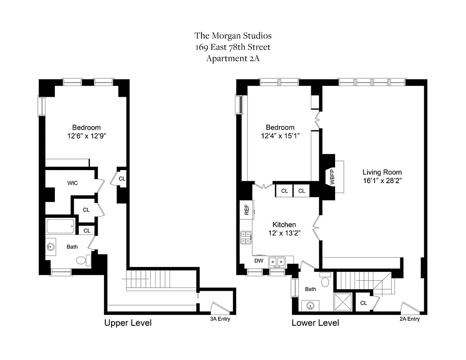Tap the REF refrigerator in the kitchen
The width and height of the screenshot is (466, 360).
tap(246, 209)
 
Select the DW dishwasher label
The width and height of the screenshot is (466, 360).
tap(259, 261)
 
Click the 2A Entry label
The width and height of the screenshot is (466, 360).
tap(409, 319)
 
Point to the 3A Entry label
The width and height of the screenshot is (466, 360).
tap(220, 319)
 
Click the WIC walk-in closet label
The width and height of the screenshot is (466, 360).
tap(72, 183)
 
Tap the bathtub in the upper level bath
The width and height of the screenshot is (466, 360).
tap(60, 226)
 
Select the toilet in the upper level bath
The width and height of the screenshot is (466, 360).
tap(82, 260)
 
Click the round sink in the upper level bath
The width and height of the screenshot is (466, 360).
tap(51, 247)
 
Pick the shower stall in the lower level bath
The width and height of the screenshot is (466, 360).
tap(343, 301)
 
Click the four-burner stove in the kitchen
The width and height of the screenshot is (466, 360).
tap(246, 237)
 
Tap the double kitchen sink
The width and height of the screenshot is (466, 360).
tap(277, 261)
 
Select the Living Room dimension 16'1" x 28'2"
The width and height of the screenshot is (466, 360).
tap(382, 181)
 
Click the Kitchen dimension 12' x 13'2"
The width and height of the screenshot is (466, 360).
tap(284, 233)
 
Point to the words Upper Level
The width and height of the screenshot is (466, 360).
tap(128, 323)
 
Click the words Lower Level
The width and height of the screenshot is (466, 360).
tap(315, 323)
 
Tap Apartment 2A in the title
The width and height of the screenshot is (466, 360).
tap(233, 58)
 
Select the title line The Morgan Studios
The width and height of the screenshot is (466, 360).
tap(233, 36)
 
